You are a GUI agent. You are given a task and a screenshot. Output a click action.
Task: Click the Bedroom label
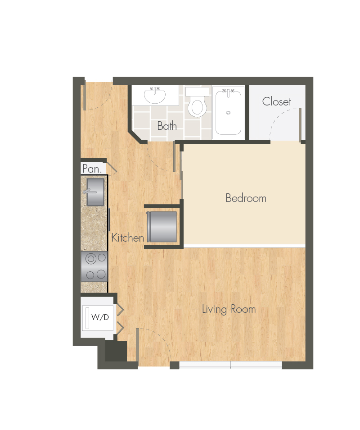pyautogui.click(x=246, y=198)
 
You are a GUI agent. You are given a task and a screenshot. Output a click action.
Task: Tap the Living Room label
pyautogui.click(x=229, y=309)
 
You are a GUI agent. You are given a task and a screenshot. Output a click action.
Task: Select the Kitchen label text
pyautogui.click(x=127, y=238)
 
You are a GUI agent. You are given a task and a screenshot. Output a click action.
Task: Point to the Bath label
pyautogui.click(x=166, y=126)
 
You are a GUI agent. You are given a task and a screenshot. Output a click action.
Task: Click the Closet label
pyautogui.click(x=276, y=101)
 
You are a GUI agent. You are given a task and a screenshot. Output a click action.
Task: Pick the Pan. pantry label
pyautogui.click(x=92, y=169)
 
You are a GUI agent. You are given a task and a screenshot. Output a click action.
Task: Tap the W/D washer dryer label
pyautogui.click(x=100, y=317)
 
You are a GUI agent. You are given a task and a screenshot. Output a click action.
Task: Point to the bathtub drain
pyautogui.click(x=228, y=112)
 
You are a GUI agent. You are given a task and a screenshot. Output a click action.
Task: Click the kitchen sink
pyautogui.click(x=95, y=192)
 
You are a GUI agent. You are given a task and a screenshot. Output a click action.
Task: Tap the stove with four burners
pyautogui.click(x=94, y=266)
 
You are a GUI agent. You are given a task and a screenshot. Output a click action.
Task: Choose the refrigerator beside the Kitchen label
pyautogui.click(x=162, y=227)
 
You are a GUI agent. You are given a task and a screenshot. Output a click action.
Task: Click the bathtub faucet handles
pyautogui.click(x=228, y=91)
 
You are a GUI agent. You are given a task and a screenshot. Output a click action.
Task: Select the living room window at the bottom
pyautogui.click(x=230, y=365)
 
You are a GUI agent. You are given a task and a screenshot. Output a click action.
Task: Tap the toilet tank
pyautogui.click(x=197, y=91)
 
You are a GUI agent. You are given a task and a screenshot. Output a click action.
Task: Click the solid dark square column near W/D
pyautogui.click(x=116, y=351)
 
